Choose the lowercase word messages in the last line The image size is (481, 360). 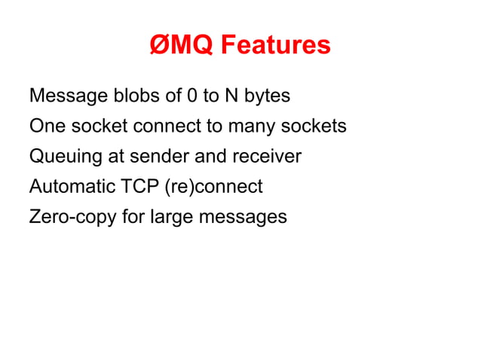point(243,218)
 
